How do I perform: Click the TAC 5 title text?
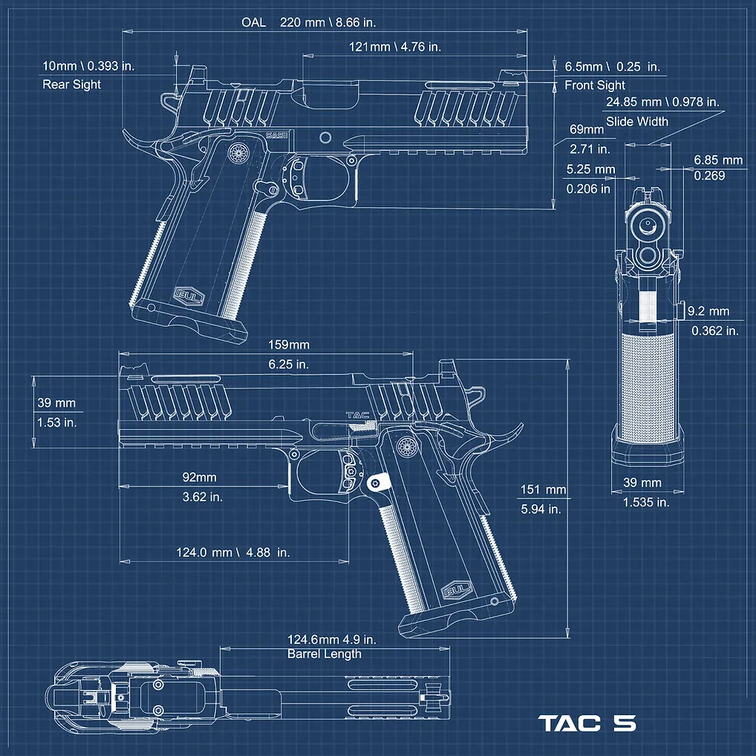pos(587,723)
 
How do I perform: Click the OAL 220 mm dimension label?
pos(309,22)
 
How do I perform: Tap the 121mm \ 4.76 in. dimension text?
pos(395,47)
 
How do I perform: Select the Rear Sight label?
pos(71,85)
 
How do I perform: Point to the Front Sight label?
pos(595,85)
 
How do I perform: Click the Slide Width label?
pos(637,122)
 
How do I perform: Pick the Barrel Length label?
pos(324,654)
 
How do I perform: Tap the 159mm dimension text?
pos(289,345)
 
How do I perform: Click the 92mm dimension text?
pos(199,478)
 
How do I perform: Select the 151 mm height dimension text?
pos(543,489)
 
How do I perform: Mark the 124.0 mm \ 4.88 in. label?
pos(233,552)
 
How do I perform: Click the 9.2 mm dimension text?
pos(708,311)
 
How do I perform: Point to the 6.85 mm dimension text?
pos(718,160)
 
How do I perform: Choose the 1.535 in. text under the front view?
pos(646,503)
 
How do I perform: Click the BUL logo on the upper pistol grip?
pos(189,296)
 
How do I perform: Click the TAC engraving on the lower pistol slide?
pos(357,415)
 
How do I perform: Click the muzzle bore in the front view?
pos(647,224)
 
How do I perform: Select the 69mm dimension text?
pos(586,129)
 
